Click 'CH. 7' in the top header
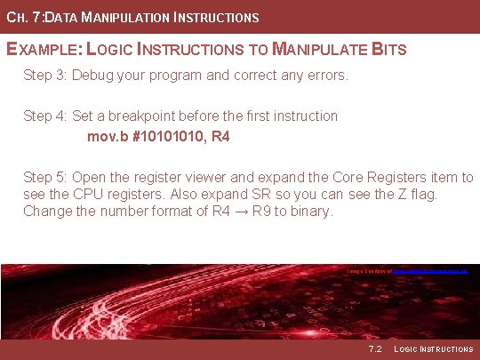click(19, 17)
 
